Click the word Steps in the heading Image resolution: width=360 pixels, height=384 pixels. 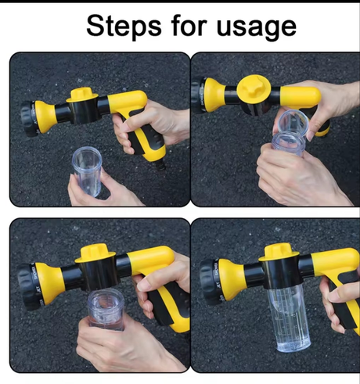[124, 27]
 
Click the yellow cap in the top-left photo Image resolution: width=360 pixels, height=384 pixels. [82, 95]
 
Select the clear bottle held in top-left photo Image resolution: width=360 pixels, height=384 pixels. [87, 171]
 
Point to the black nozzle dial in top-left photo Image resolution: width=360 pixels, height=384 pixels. [29, 119]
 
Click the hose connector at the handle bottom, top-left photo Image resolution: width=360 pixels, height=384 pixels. [160, 164]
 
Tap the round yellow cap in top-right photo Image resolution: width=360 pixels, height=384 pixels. [254, 88]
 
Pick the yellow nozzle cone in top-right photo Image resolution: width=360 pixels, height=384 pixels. [214, 95]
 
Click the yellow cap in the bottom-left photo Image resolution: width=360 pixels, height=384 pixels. [95, 253]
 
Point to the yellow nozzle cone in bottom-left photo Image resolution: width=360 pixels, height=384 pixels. [49, 283]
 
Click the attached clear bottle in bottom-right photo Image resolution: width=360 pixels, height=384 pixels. [289, 318]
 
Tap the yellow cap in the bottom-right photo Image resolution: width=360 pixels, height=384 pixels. [279, 253]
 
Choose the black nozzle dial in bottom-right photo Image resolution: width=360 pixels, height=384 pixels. [210, 282]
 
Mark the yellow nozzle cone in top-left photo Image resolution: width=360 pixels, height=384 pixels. [45, 117]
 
